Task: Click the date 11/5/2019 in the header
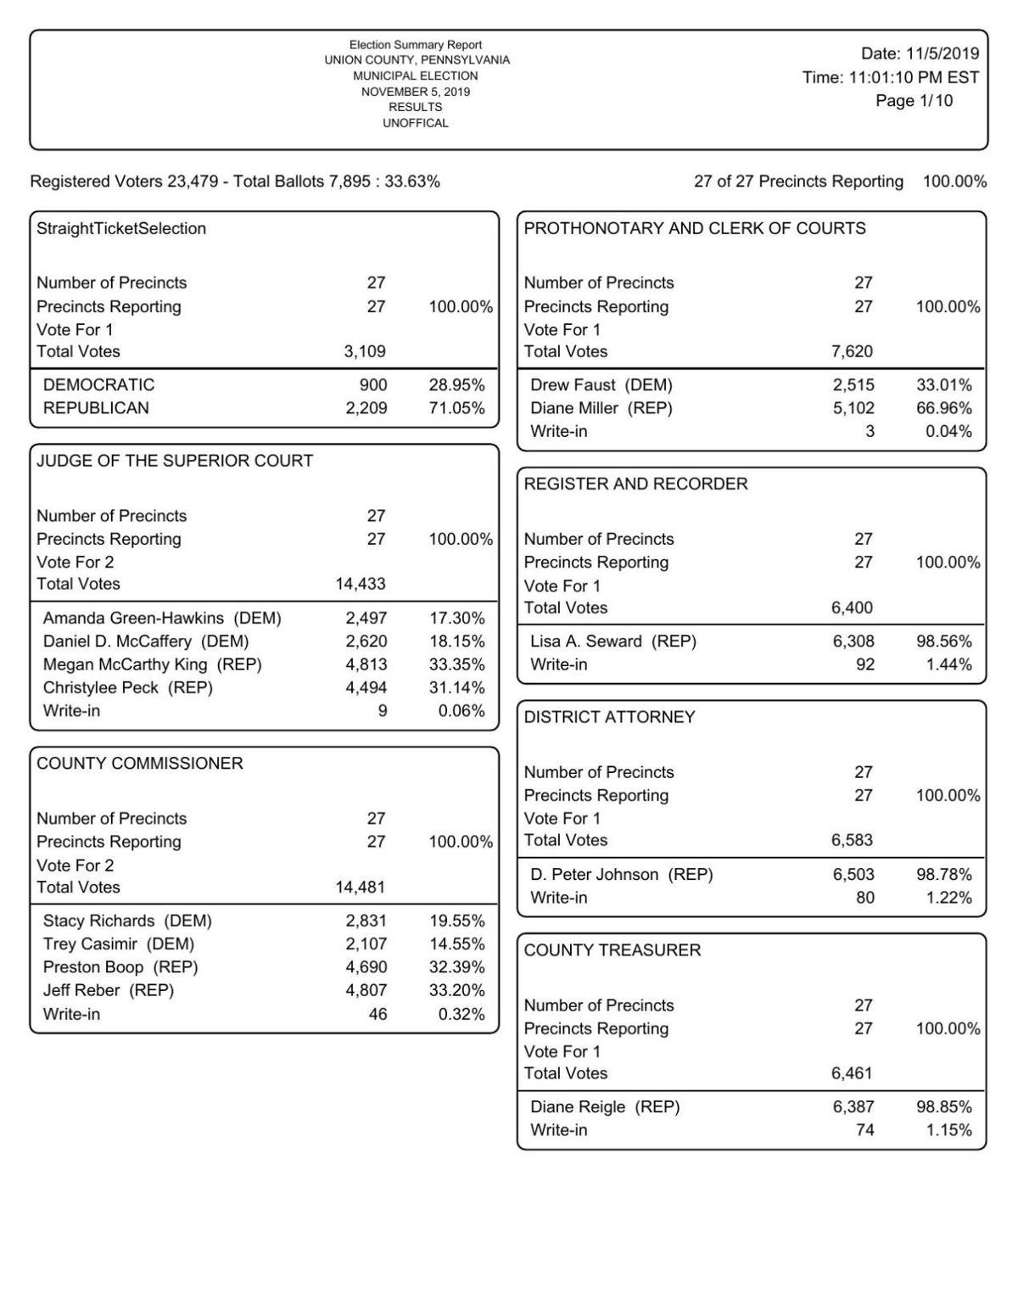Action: (942, 54)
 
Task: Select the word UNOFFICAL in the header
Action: (415, 123)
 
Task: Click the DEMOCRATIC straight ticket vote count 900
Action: (373, 385)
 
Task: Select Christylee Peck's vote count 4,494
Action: (366, 687)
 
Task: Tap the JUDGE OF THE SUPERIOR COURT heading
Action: (175, 461)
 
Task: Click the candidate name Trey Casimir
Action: (90, 944)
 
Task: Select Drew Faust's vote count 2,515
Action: (853, 385)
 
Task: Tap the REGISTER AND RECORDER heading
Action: (635, 484)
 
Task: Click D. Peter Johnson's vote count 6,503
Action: (853, 874)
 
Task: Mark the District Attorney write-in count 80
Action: (864, 898)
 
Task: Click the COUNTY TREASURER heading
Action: (612, 950)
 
